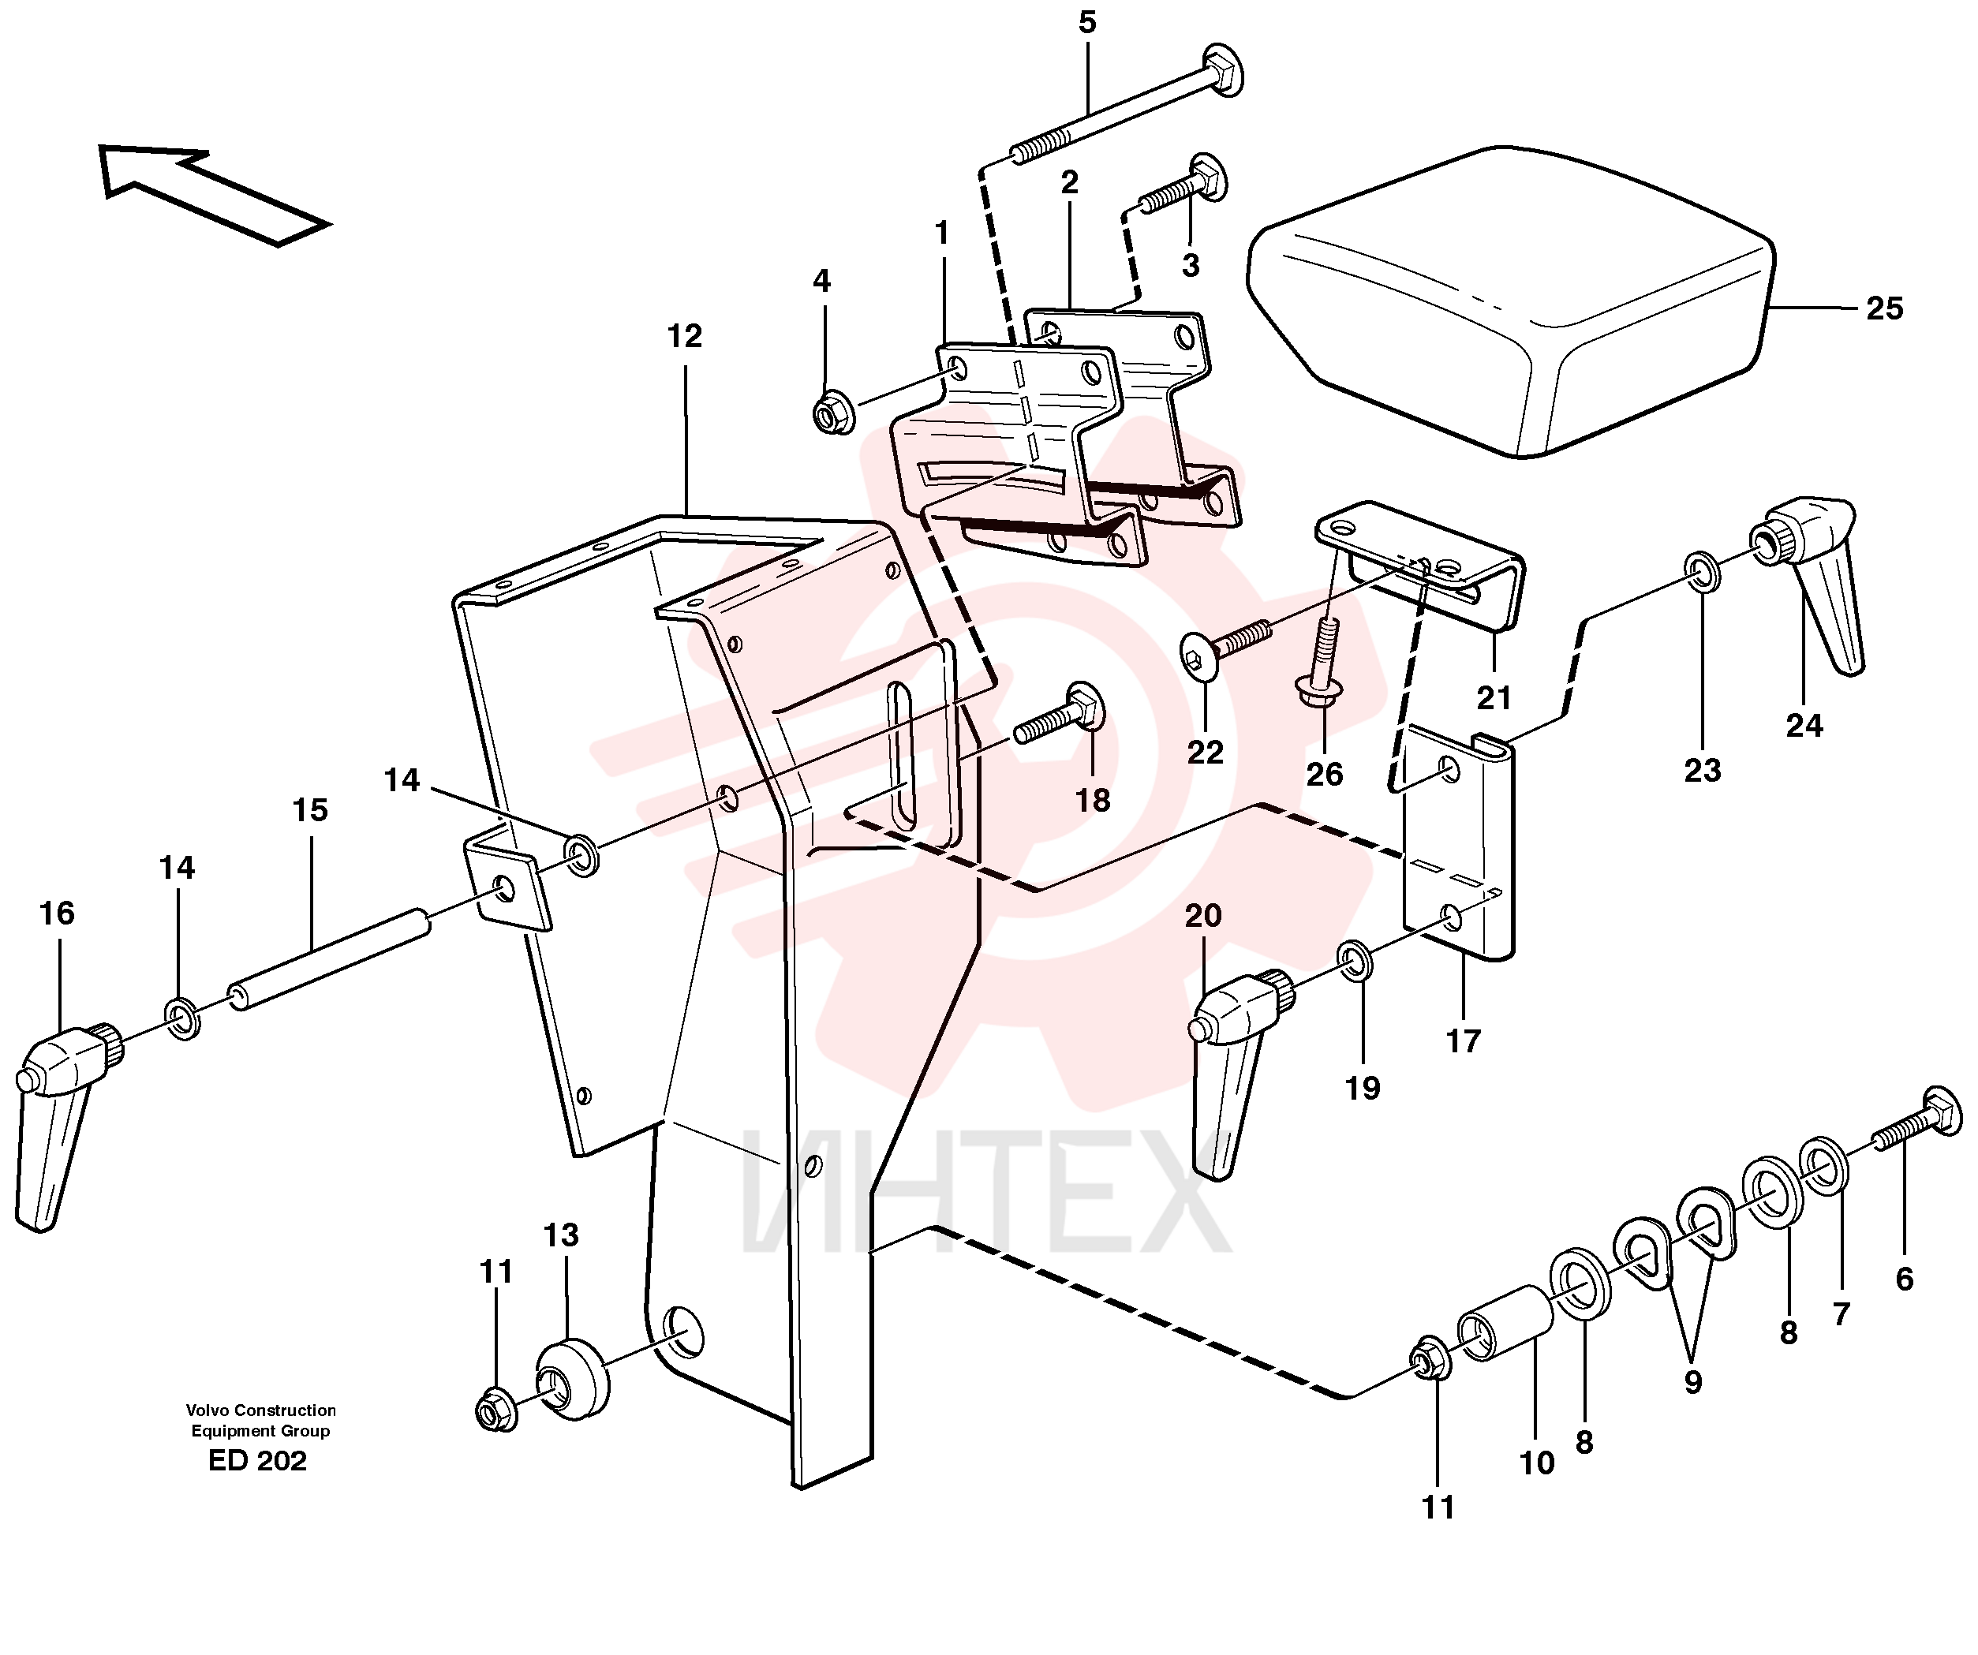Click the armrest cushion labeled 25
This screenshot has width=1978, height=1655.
click(1511, 301)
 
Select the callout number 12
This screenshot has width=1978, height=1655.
click(685, 336)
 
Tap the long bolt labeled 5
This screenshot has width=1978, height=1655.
click(1127, 106)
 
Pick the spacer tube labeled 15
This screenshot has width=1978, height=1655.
click(330, 959)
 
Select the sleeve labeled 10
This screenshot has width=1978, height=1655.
click(1505, 1324)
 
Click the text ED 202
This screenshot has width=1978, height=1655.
click(257, 1461)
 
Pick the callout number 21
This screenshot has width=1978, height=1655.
click(1494, 698)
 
